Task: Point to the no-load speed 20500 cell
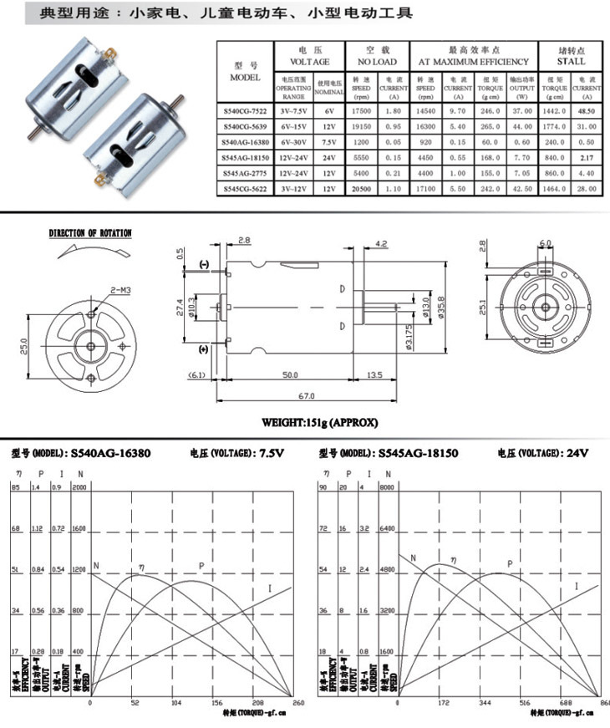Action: [361, 188]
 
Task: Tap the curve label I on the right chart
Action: [577, 587]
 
